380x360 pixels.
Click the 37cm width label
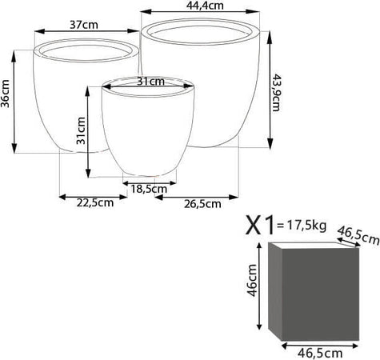84,25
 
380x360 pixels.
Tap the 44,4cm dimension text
205,6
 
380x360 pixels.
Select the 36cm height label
5,94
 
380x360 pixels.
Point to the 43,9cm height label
276,93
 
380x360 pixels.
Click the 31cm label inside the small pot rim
150,82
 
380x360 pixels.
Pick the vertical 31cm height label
81,130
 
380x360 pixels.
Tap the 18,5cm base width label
149,189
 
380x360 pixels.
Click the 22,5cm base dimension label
95,203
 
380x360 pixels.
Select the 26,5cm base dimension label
202,204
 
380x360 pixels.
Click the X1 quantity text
260,226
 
